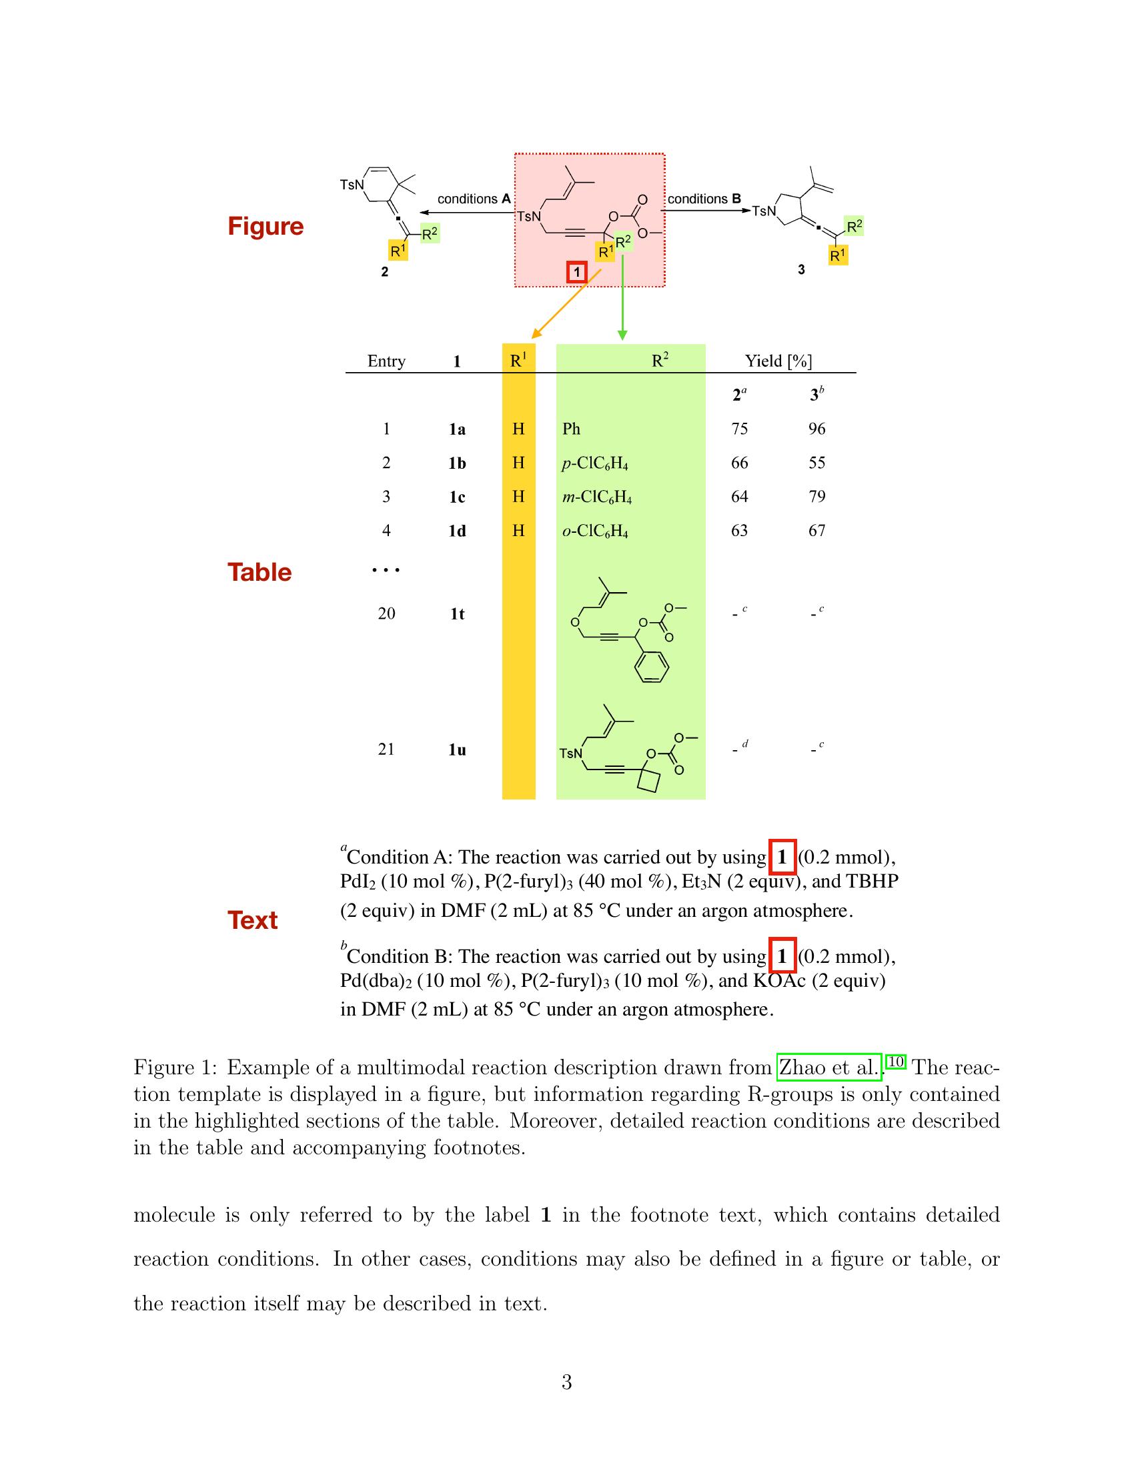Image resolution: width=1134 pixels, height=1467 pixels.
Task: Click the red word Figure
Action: (x=265, y=225)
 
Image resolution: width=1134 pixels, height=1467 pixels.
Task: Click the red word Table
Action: (x=259, y=572)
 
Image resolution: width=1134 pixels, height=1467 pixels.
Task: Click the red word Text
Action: (x=252, y=920)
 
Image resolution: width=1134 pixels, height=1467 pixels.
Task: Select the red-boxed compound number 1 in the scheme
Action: (x=576, y=272)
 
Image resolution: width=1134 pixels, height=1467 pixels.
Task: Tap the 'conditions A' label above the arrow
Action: (x=474, y=199)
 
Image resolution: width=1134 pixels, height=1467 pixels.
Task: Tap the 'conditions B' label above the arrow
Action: (x=704, y=199)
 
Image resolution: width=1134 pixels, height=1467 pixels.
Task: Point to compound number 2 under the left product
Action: (x=384, y=272)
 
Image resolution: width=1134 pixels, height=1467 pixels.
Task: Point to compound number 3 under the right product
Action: (x=800, y=269)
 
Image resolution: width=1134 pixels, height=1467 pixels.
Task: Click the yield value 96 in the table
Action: (x=816, y=429)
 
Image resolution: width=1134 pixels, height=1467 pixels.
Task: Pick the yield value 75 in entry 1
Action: (x=739, y=429)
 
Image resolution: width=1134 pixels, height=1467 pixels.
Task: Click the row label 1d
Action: (x=457, y=531)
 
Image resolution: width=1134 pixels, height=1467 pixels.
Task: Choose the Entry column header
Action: (x=386, y=361)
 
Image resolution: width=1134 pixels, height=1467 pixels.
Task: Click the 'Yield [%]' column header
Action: (x=778, y=361)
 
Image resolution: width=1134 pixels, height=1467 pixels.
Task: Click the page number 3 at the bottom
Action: (x=566, y=1382)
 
